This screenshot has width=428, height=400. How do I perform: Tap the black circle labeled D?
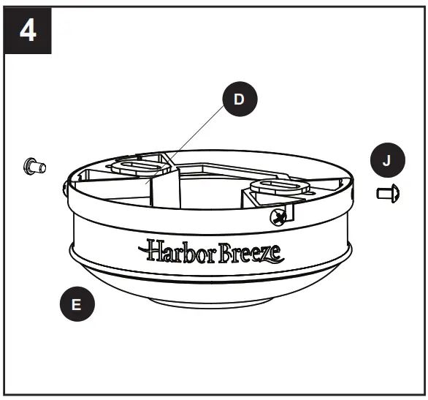tap(240, 100)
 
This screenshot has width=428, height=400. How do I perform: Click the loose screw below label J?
tap(387, 195)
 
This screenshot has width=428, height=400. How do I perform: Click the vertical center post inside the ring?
tap(167, 189)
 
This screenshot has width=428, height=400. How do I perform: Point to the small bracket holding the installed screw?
tap(285, 213)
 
